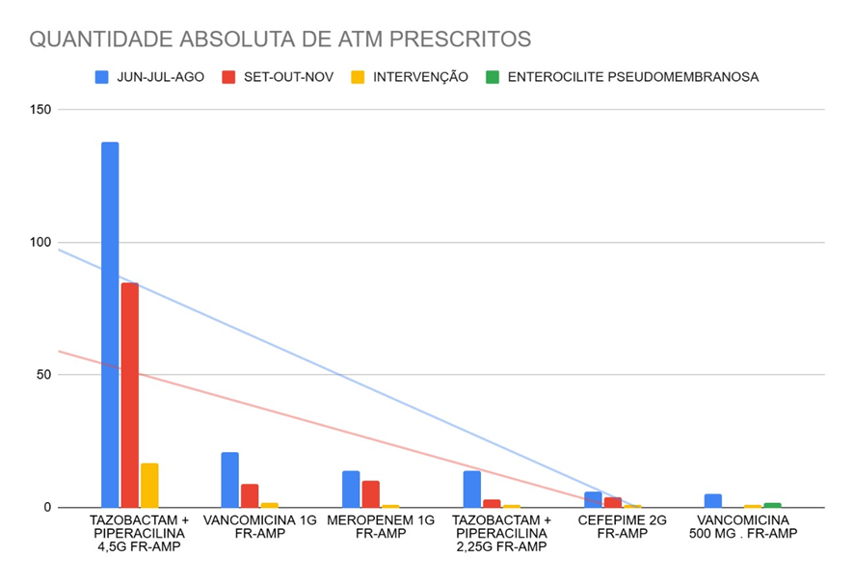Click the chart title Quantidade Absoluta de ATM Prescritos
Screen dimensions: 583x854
pyautogui.click(x=280, y=40)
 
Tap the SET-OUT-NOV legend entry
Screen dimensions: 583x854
pyautogui.click(x=279, y=77)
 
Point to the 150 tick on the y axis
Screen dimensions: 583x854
pyautogui.click(x=40, y=110)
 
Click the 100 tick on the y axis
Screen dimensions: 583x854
pyautogui.click(x=40, y=243)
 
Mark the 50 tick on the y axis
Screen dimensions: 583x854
pyautogui.click(x=43, y=375)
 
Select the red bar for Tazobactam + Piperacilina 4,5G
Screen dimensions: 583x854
pyautogui.click(x=130, y=395)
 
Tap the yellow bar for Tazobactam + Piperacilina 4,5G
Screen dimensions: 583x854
pyautogui.click(x=149, y=486)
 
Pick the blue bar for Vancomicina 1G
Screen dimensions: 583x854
pyautogui.click(x=229, y=480)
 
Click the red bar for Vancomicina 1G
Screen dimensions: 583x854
pyautogui.click(x=250, y=495)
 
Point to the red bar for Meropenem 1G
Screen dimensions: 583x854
pyautogui.click(x=371, y=494)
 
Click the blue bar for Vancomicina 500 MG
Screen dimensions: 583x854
pyautogui.click(x=713, y=501)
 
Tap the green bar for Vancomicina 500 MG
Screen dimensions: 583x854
pyautogui.click(x=772, y=505)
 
